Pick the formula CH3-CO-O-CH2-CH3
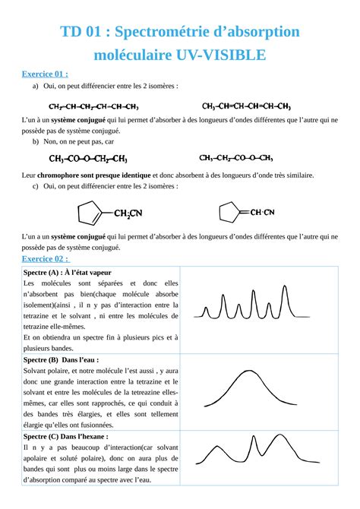(87, 160)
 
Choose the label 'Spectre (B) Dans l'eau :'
(62, 359)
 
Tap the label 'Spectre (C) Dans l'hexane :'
(65, 438)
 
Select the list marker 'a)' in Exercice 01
(36, 86)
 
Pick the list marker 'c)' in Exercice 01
(36, 187)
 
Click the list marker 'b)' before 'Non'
(36, 141)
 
